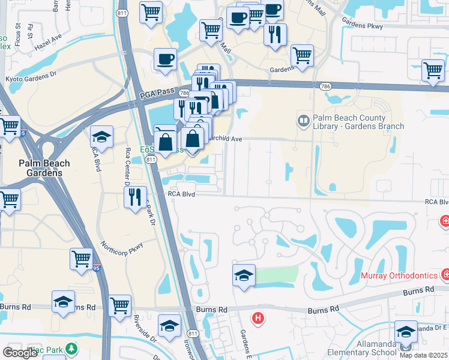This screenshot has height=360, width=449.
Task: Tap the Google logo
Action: coord(20,353)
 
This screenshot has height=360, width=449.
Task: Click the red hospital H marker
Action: coord(258,318)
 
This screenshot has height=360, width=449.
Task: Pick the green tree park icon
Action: coord(71,348)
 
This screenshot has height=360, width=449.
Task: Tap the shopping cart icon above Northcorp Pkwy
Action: coord(80,259)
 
